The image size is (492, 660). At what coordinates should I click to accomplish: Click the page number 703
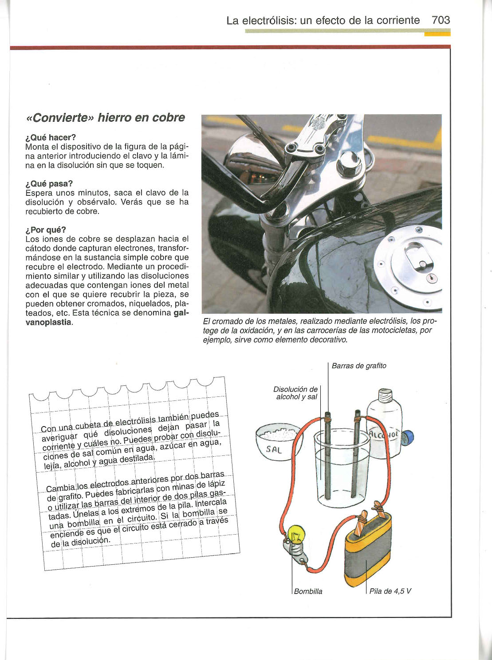coord(440,20)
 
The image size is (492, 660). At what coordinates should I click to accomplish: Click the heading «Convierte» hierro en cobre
coord(105,118)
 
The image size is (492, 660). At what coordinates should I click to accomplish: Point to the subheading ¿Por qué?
coord(46,229)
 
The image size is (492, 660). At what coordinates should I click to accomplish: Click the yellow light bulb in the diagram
coord(295,533)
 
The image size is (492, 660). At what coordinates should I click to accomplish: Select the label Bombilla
coord(308,591)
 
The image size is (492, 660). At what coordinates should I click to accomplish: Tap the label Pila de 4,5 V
coord(390,591)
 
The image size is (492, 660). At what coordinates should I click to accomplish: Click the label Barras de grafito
coord(359,365)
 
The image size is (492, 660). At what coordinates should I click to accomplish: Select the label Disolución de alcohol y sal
coord(295,393)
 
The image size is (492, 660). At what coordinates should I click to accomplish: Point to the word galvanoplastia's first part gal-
coord(181,313)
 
